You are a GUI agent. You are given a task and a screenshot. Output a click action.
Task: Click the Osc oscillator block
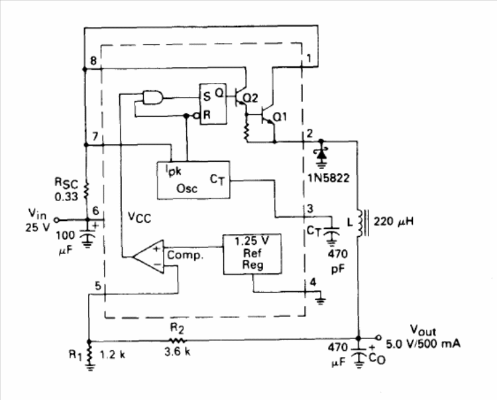tap(193, 180)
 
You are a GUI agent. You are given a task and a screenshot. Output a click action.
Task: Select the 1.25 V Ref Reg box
tap(252, 255)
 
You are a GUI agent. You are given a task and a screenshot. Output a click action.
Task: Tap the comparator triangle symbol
tap(148, 256)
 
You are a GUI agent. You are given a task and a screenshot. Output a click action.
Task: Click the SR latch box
tap(213, 104)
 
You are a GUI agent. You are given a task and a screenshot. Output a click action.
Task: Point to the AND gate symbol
tap(153, 98)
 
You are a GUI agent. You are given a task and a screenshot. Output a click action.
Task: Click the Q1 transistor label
tap(280, 117)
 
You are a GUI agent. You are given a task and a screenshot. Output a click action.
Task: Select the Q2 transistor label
tap(251, 98)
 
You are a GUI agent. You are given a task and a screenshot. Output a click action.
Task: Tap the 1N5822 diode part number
tap(329, 178)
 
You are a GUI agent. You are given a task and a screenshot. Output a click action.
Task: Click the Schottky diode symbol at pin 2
tap(321, 154)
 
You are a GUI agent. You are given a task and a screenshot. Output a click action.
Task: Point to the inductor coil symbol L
tap(360, 223)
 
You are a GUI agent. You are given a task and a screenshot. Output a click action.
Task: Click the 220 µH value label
tap(394, 222)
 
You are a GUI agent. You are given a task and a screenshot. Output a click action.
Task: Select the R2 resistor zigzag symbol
tap(177, 340)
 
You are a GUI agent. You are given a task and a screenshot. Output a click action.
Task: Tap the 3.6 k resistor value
tap(178, 352)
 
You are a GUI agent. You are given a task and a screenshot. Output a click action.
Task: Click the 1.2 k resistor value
tap(113, 355)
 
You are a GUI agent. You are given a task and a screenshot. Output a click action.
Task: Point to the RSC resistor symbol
tap(86, 190)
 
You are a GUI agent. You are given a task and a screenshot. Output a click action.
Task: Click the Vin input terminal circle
tap(56, 220)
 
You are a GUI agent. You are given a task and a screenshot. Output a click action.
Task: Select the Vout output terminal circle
tap(378, 338)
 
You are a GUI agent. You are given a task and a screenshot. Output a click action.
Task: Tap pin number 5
tap(98, 286)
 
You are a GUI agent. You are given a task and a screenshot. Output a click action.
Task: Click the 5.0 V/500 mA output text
tap(423, 344)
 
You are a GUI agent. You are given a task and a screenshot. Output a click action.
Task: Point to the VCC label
tap(139, 218)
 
